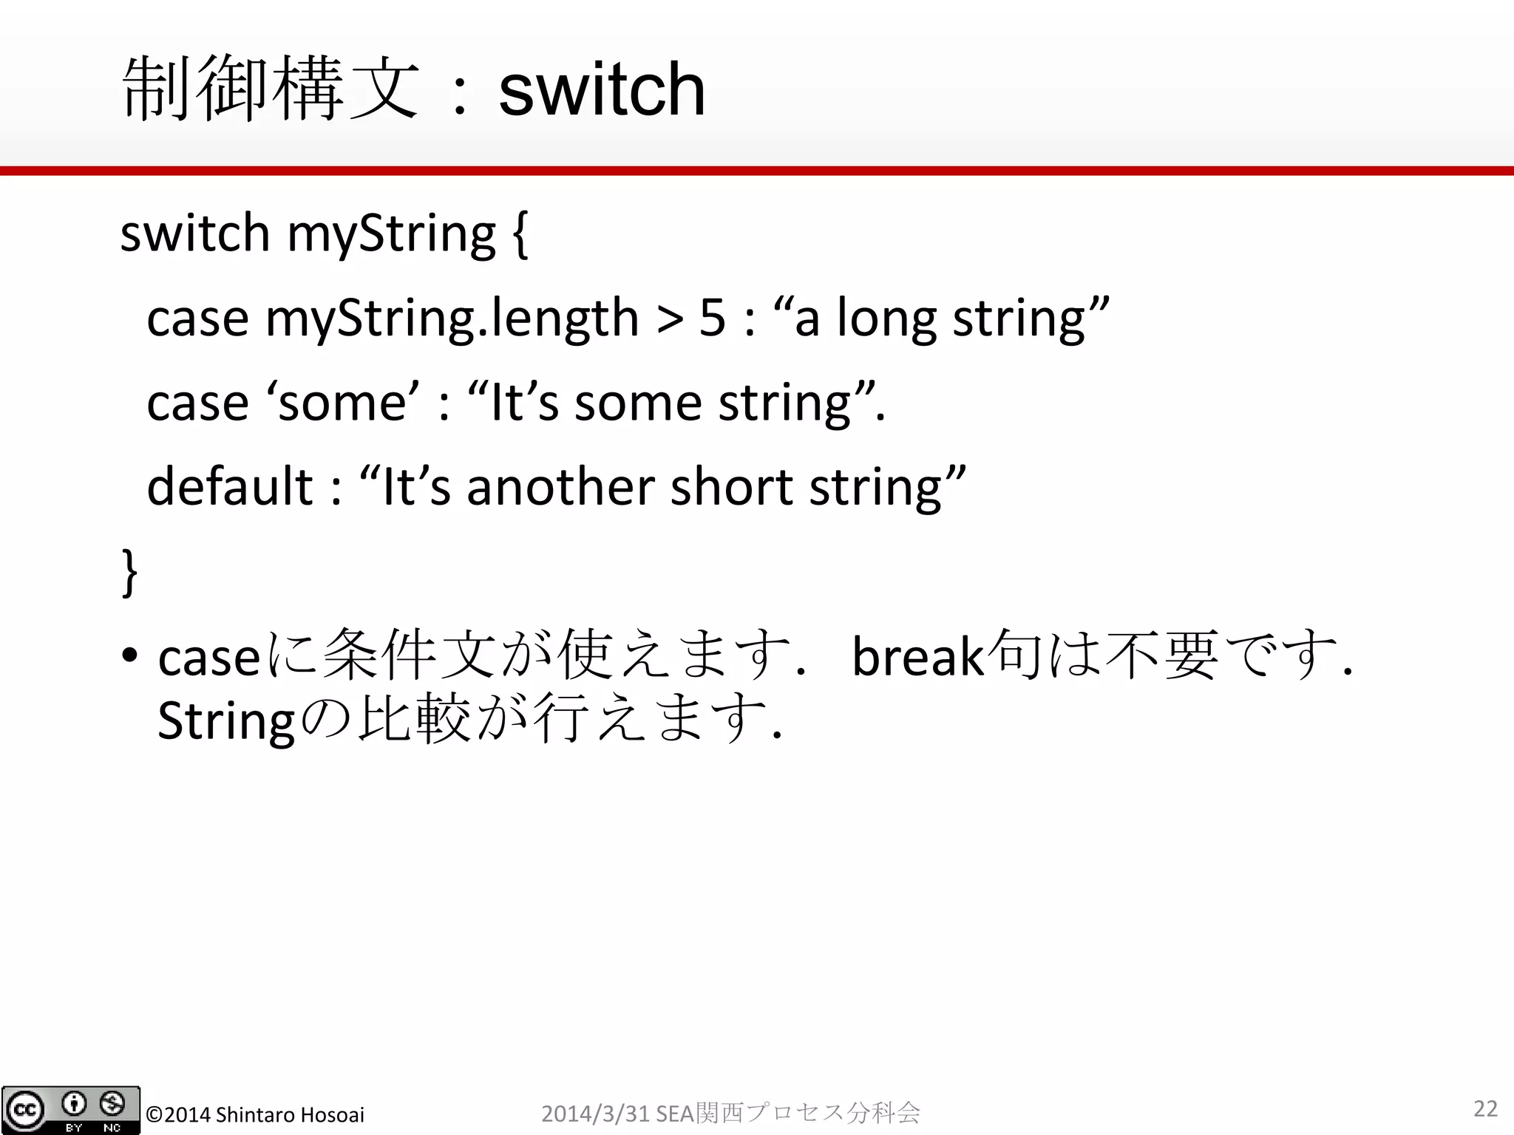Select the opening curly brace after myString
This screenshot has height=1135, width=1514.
click(x=519, y=234)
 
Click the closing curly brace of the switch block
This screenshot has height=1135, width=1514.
click(x=129, y=571)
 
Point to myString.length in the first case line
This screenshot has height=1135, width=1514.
click(x=452, y=318)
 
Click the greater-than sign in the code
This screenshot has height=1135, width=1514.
click(x=670, y=318)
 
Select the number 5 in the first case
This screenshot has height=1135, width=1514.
click(x=713, y=318)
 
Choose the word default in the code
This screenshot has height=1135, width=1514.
click(x=230, y=487)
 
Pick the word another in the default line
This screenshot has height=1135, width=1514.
click(x=561, y=487)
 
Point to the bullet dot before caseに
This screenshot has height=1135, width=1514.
click(x=130, y=655)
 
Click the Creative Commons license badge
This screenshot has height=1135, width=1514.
click(x=71, y=1110)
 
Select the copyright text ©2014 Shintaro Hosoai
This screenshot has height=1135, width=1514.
click(x=255, y=1114)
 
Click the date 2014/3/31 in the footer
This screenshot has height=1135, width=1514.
click(x=596, y=1113)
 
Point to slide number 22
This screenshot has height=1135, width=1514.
click(x=1485, y=1108)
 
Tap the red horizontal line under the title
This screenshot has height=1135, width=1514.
click(x=757, y=171)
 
